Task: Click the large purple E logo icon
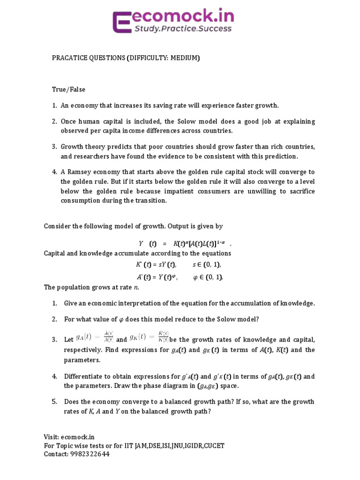(x=123, y=22)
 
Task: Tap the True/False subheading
(x=68, y=89)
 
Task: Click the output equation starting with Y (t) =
(x=185, y=244)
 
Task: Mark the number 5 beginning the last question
(x=54, y=402)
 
